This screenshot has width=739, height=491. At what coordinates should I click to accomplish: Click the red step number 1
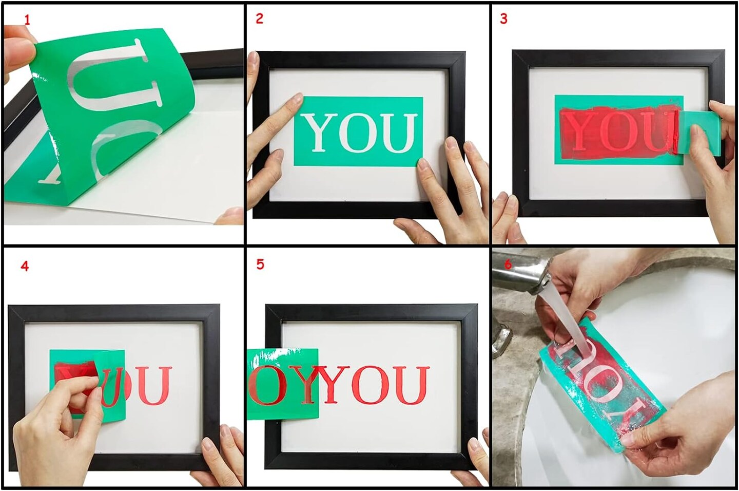point(27,21)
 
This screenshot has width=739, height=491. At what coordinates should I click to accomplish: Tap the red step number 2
point(259,18)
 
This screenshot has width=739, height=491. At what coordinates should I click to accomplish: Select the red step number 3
point(503,19)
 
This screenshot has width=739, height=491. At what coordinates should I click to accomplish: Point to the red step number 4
point(25,266)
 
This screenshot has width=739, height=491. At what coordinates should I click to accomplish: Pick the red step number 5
point(260,265)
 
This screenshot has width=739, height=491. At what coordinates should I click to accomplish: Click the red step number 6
point(508,264)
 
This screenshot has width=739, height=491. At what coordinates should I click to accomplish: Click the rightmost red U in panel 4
point(153,385)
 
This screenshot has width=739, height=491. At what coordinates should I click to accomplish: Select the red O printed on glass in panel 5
point(371,385)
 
